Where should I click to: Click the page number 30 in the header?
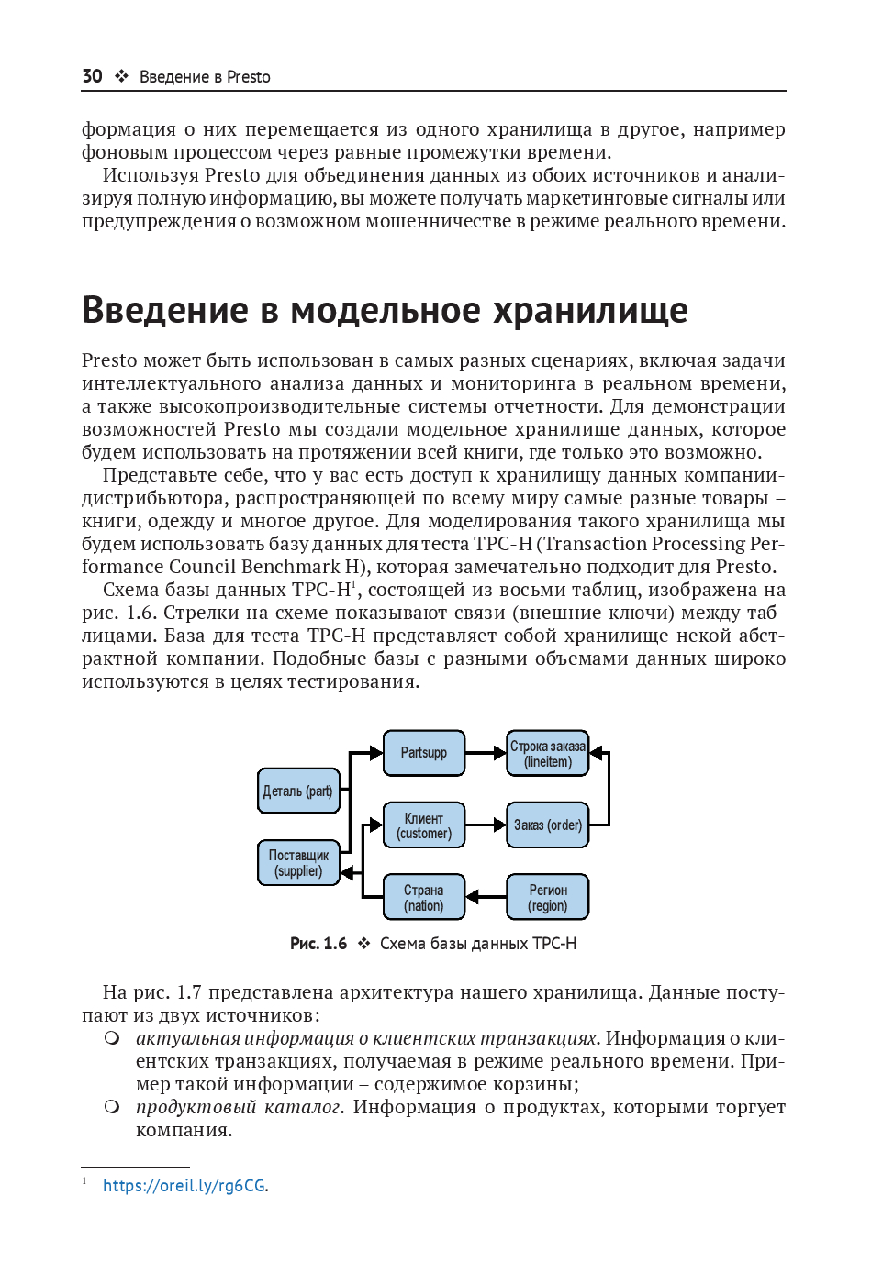tap(92, 76)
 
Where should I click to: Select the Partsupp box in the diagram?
tap(423, 753)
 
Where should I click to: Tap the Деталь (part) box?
tap(298, 791)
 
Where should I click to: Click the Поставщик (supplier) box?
tap(298, 863)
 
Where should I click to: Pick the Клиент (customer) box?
tap(423, 825)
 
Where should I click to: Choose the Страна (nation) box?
tap(423, 897)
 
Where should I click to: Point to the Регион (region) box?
tap(547, 897)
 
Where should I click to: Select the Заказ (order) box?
tap(547, 825)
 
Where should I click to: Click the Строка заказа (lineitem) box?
tap(547, 753)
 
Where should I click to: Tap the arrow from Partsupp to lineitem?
tap(486, 753)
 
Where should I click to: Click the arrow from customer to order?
tap(486, 825)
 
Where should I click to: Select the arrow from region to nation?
tap(486, 897)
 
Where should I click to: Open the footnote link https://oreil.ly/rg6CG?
tap(184, 1186)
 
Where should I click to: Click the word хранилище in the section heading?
tap(590, 311)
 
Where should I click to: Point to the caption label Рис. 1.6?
tap(318, 944)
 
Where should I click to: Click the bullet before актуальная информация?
tap(112, 1038)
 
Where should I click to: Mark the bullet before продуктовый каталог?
tap(112, 1107)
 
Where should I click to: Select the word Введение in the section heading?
tap(165, 311)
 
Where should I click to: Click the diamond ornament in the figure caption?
tap(363, 944)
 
